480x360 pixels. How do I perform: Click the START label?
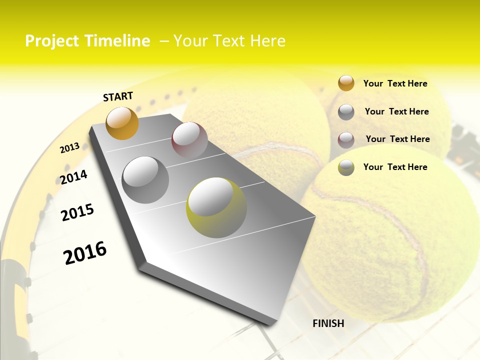point(118,96)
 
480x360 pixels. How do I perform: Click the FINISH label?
point(328,323)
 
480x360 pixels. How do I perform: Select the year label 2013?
point(70,148)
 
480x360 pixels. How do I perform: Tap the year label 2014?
point(74,177)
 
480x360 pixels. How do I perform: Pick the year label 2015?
point(77,212)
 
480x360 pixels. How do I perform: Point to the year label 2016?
point(85,253)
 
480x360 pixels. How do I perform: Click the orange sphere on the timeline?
point(122,123)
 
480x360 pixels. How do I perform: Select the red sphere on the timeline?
point(189,140)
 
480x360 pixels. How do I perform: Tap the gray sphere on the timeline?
point(145,180)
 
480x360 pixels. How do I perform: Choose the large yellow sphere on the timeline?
point(216,207)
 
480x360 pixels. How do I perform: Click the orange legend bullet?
point(346,83)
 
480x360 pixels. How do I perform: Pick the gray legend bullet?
point(346,112)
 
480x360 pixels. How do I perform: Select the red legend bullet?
point(346,140)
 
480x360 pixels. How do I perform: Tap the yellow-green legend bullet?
point(346,167)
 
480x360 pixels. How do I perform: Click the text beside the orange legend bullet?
point(395,83)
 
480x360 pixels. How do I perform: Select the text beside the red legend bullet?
point(397,139)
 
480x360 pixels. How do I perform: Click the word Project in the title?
point(52,41)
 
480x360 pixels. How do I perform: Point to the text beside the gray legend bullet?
point(396,111)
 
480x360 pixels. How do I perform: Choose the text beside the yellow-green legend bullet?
point(395,167)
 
